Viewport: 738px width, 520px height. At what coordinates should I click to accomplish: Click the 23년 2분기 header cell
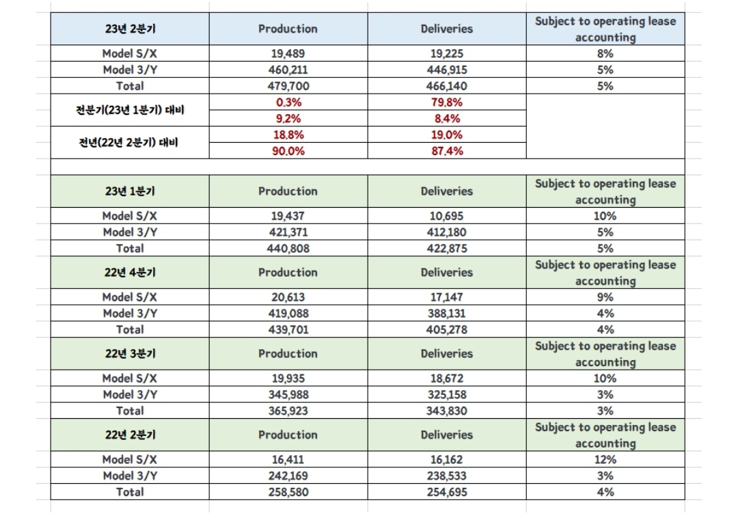[x=130, y=29]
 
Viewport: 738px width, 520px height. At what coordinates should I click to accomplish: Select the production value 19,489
[x=288, y=53]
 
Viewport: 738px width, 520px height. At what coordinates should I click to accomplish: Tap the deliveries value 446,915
[x=447, y=70]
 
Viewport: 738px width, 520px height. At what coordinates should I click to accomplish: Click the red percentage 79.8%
[x=447, y=102]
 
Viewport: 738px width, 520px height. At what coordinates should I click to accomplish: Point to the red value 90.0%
[x=288, y=151]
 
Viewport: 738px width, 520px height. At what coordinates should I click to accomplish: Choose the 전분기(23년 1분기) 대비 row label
[x=130, y=110]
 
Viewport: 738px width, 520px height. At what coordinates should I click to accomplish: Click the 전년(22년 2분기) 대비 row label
[x=130, y=143]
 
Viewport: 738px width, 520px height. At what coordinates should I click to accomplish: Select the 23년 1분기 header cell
[x=130, y=191]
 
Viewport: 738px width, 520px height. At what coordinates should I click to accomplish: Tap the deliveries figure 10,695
[x=447, y=216]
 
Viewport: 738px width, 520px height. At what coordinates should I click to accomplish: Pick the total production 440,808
[x=288, y=249]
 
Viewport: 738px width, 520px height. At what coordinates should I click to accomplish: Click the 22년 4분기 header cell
[x=130, y=273]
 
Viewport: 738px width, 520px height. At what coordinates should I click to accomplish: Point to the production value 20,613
[x=288, y=297]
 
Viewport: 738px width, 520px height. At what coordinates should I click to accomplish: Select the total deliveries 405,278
[x=447, y=329]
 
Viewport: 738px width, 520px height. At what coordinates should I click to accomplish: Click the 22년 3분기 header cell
[x=130, y=354]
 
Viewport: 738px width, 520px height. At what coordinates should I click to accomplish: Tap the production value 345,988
[x=288, y=394]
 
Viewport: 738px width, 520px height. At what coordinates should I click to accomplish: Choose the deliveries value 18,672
[x=447, y=379]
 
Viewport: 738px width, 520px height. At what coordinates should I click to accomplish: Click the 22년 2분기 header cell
[x=130, y=435]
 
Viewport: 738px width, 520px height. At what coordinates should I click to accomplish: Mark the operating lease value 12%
[x=605, y=460]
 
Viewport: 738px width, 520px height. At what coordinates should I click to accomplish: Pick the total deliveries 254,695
[x=447, y=492]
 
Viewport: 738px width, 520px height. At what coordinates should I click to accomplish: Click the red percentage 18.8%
[x=288, y=135]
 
